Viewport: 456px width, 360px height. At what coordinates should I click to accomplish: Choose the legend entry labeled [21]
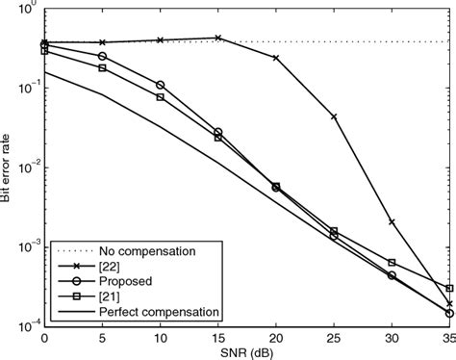pos(115,296)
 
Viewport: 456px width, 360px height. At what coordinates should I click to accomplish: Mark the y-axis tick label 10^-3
pos(23,246)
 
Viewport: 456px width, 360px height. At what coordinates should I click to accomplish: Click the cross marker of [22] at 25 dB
pos(334,116)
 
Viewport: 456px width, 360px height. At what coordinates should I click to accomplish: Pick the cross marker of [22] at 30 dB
pos(392,221)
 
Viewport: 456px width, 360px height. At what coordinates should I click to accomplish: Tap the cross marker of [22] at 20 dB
pos(276,58)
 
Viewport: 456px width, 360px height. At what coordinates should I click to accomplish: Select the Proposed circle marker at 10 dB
pos(160,85)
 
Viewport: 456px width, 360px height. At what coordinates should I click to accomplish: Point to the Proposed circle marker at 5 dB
pos(102,56)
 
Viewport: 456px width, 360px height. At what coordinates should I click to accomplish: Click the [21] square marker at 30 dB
pos(392,262)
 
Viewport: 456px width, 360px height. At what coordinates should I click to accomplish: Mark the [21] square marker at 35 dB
pos(449,288)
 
